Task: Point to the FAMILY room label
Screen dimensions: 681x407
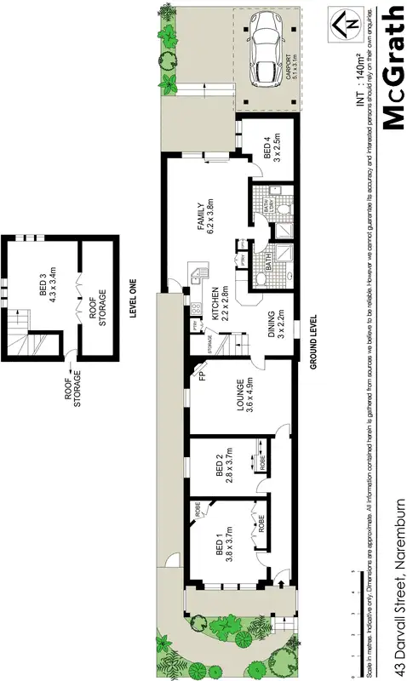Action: coord(205,216)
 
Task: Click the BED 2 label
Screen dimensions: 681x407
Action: coord(223,466)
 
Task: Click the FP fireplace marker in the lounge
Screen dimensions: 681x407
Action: coord(203,375)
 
